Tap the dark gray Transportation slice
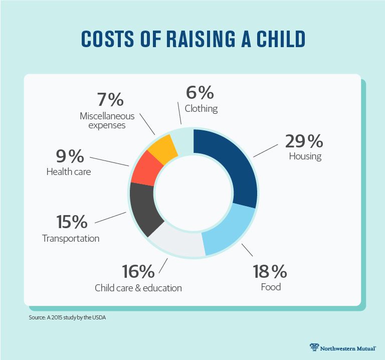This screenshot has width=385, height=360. [x=144, y=208]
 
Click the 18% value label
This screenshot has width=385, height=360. [x=270, y=272]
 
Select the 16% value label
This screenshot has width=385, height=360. [x=138, y=272]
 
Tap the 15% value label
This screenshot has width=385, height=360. [x=71, y=222]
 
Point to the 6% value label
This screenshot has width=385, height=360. [x=201, y=93]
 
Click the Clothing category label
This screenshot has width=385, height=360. [x=201, y=108]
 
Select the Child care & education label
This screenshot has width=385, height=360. [x=138, y=288]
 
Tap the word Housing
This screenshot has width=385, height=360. [x=305, y=156]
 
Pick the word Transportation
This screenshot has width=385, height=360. [x=71, y=238]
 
